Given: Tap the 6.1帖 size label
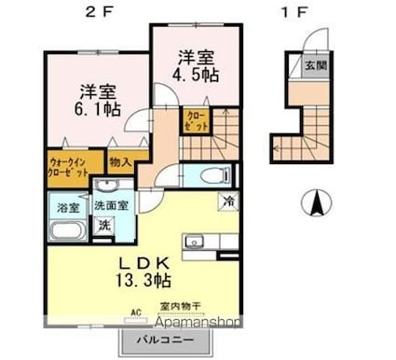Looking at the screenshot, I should (x=99, y=107).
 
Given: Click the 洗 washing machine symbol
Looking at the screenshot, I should (x=105, y=225).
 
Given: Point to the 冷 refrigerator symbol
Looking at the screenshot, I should (x=227, y=200).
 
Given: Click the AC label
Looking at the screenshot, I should (x=135, y=312).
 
